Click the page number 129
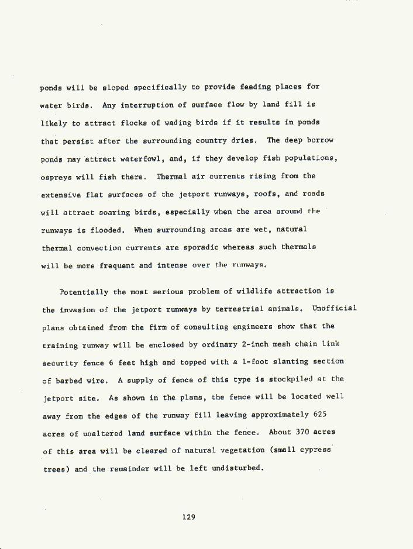coord(188,517)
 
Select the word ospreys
coord(56,177)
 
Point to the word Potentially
coord(84,291)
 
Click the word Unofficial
coord(335,309)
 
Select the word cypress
coord(315,451)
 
